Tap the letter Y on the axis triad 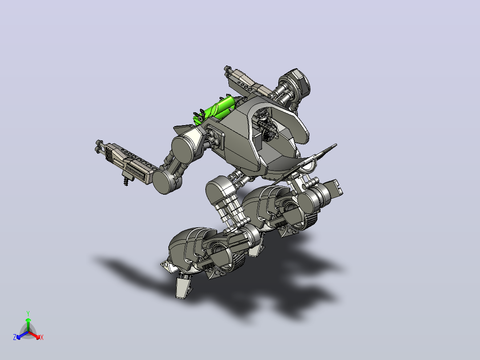coord(28,313)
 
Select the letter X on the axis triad coord(42,337)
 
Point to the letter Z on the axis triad coord(15,337)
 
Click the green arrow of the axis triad coord(28,324)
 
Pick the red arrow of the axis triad coord(34,335)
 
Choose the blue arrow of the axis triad coord(22,335)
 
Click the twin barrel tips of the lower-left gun coord(99,147)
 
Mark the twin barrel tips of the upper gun coord(228,70)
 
